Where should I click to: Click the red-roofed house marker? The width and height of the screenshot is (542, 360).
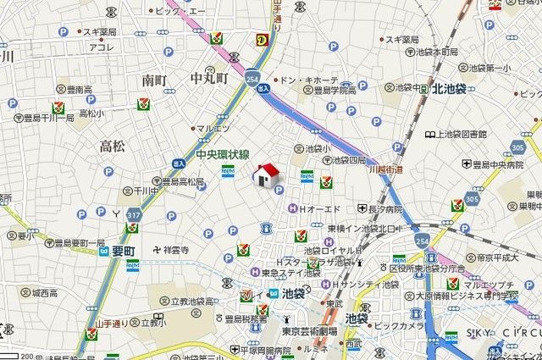tap(267, 175)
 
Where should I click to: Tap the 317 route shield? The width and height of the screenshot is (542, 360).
tap(132, 216)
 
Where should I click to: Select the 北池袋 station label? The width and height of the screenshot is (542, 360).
tap(456, 88)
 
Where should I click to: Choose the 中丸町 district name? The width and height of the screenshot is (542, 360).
tap(209, 79)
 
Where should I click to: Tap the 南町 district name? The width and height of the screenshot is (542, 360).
tap(156, 80)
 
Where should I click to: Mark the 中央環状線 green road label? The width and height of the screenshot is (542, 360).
tap(222, 155)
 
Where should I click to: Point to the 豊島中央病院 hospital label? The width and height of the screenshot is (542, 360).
tap(499, 164)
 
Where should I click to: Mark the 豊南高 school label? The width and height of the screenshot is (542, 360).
tap(79, 89)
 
